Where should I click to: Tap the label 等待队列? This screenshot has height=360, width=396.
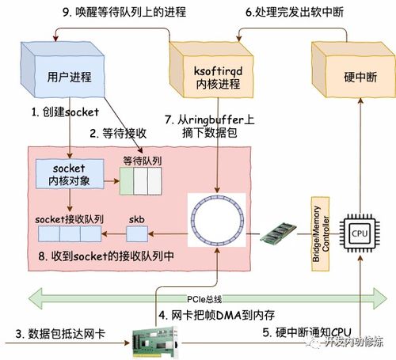[x=140, y=161]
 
